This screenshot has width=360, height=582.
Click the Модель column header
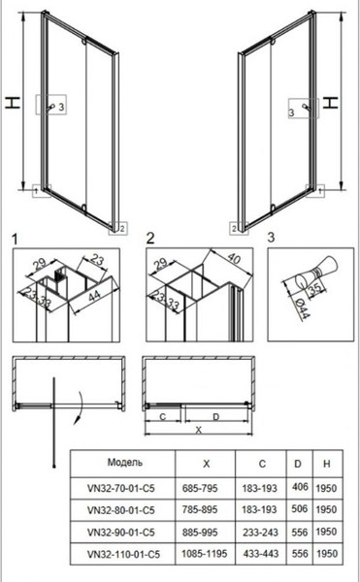(125, 463)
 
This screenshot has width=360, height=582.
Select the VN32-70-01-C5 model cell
(121, 488)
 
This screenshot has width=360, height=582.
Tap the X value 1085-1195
(204, 554)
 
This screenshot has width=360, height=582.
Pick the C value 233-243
(260, 533)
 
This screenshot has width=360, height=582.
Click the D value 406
(300, 487)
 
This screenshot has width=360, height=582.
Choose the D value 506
(300, 509)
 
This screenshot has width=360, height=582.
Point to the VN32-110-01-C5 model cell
(123, 554)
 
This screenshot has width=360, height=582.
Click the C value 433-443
(261, 554)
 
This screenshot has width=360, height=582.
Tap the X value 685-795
(200, 488)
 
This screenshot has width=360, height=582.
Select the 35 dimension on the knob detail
(315, 288)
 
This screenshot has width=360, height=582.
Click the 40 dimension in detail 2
(233, 258)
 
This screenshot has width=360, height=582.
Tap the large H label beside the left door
(13, 103)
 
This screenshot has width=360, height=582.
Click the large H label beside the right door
(330, 102)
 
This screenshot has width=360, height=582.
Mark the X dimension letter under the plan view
(199, 431)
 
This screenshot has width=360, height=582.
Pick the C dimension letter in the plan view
(163, 417)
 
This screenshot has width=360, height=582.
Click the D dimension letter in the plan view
(216, 417)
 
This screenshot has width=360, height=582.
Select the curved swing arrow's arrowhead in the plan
(77, 420)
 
